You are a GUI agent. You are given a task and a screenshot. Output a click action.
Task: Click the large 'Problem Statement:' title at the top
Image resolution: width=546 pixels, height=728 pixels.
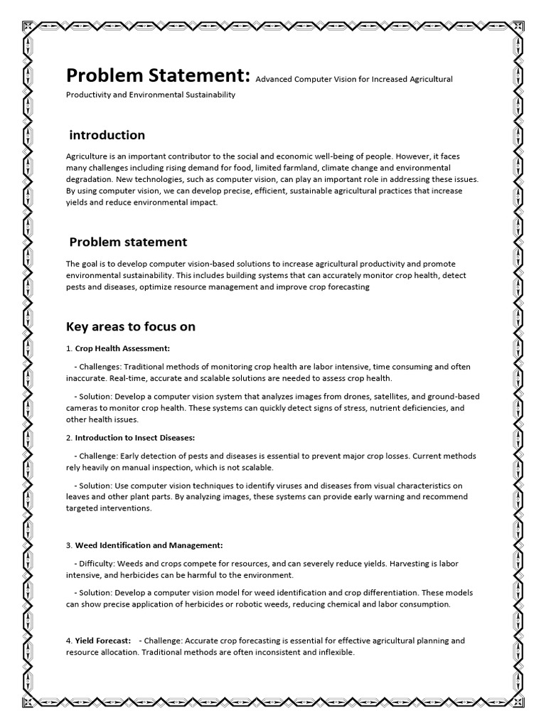point(158,76)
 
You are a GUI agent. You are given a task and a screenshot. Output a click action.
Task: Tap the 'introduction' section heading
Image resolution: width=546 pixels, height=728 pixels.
point(107,135)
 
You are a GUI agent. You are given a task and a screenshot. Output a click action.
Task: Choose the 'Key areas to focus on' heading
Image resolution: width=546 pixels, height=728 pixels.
point(131,327)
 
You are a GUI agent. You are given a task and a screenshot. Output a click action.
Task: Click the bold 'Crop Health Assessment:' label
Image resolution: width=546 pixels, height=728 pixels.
point(122,349)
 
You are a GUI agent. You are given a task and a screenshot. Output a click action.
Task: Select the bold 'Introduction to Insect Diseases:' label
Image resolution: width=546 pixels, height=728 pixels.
point(135,438)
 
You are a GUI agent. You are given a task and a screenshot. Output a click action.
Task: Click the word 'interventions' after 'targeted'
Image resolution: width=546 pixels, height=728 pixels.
point(127,509)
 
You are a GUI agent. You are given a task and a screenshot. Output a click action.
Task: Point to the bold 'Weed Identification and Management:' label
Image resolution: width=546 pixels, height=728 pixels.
point(149,545)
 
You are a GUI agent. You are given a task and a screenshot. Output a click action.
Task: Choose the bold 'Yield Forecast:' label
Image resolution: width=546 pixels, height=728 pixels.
point(103,641)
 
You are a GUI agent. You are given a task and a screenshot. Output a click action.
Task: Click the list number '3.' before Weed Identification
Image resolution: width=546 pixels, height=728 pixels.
point(70,545)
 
